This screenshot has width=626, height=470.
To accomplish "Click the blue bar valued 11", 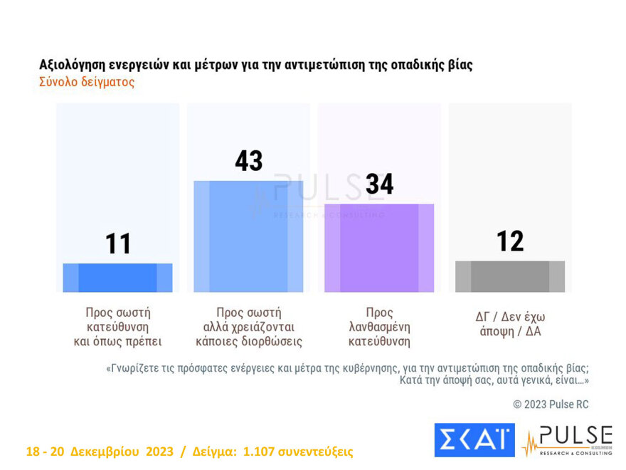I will tap(117, 278).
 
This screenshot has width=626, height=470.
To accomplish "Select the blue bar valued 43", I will tap(248, 236).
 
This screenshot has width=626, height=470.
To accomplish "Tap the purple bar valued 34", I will tap(378, 248).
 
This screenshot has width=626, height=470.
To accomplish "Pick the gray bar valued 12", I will tap(509, 276).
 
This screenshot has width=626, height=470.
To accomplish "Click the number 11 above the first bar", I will tap(118, 244).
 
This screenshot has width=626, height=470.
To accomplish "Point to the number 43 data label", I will tap(248, 161).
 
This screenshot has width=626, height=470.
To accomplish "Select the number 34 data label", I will tap(379, 184).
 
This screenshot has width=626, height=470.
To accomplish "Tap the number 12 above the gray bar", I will tap(509, 241).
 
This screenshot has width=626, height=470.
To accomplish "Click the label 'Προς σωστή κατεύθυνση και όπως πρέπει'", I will tap(118, 327).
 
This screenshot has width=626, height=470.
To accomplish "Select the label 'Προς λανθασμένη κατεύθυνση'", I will tap(379, 327).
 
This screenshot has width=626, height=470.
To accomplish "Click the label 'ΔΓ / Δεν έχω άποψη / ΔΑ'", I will tap(509, 324).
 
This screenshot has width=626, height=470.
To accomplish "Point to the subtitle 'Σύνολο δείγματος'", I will tap(86, 82).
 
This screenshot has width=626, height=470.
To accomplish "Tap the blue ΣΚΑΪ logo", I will tap(474, 439).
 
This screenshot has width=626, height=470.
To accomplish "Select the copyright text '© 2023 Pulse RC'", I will tap(551, 404).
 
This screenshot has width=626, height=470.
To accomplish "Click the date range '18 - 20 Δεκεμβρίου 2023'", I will tap(100, 452).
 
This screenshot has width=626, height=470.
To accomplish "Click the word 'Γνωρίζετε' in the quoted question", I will tap(137, 368).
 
